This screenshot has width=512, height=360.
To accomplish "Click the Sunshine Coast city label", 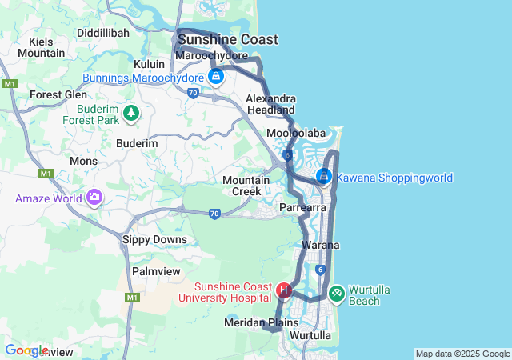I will [x=228, y=39].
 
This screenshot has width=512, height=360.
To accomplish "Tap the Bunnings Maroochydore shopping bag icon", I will [x=215, y=77].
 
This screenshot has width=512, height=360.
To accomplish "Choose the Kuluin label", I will [x=149, y=64].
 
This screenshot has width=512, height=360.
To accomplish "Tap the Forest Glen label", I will [x=58, y=94].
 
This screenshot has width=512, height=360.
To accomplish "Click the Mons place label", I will [x=83, y=161].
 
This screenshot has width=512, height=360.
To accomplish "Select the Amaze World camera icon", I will [x=95, y=197].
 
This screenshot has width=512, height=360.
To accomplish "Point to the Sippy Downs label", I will [x=154, y=239].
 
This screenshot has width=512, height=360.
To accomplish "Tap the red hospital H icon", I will [x=283, y=290].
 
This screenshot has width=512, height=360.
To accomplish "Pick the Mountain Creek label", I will [x=246, y=186].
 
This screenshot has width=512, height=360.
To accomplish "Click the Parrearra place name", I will [x=303, y=207].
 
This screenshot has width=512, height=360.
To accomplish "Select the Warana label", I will [x=322, y=245].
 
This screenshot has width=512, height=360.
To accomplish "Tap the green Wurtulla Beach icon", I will [x=337, y=294].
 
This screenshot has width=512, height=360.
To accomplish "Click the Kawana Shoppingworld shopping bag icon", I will [x=324, y=177].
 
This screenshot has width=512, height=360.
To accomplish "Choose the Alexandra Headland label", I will [x=270, y=103].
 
